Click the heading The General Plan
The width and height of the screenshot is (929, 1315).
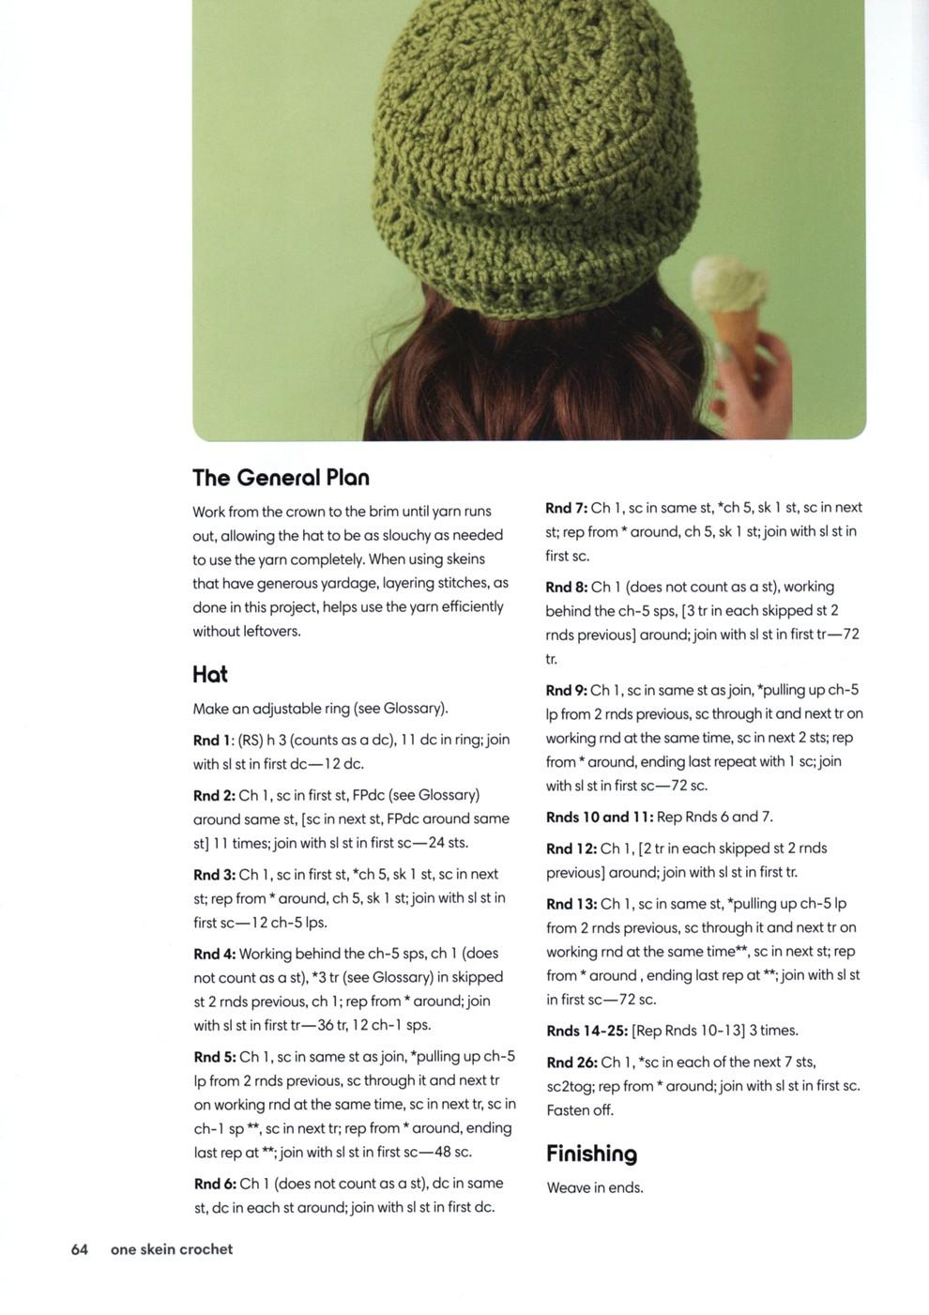[281, 478]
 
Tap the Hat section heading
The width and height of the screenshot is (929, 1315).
[209, 674]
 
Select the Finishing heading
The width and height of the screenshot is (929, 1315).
[591, 1154]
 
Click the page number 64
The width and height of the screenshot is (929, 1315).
[80, 1249]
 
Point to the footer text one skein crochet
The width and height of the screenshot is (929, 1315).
[172, 1249]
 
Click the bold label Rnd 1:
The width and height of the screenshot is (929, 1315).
[214, 740]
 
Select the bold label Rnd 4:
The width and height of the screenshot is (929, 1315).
[215, 954]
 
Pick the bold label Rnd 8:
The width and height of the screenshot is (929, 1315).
[567, 587]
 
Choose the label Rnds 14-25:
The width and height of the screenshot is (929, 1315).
[587, 1031]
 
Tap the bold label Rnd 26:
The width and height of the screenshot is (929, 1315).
[571, 1063]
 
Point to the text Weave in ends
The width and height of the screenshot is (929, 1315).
[595, 1187]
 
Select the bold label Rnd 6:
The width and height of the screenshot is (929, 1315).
[215, 1184]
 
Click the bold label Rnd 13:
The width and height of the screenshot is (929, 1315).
[571, 904]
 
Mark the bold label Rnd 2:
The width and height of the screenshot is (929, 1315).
[215, 795]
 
